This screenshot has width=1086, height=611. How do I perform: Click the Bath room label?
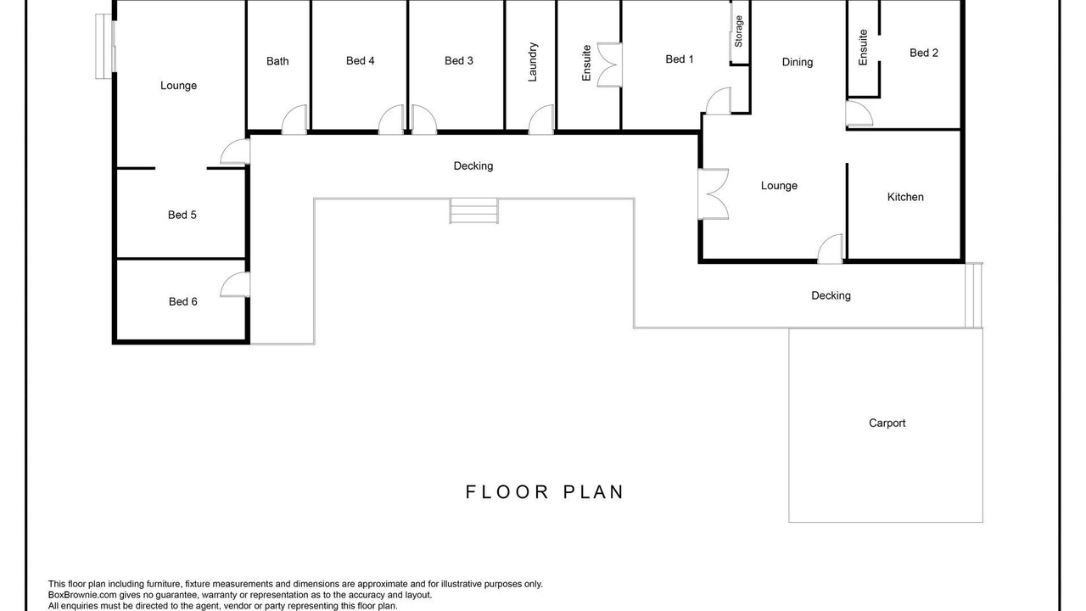point(277,61)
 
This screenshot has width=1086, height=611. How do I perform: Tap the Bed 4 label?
point(361,60)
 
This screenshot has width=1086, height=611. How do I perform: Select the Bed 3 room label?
point(459,60)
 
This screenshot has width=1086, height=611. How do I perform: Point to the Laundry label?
point(532,62)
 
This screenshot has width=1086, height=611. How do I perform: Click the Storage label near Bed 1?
point(738,31)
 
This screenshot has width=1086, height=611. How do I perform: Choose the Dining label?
point(797,62)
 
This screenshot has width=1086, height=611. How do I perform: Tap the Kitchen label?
point(905,197)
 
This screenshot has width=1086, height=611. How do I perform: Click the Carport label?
point(887,423)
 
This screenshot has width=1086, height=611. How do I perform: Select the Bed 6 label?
point(182,301)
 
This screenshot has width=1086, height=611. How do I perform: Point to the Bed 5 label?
point(182,215)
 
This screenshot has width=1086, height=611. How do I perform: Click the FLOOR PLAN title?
point(545,492)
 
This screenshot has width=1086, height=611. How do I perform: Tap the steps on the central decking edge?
point(473,211)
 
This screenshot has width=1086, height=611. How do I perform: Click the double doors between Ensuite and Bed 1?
point(609,65)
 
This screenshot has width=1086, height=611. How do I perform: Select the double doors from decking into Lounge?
point(713,194)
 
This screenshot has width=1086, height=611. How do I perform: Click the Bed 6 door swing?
point(235,284)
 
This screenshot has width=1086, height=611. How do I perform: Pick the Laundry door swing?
point(540,120)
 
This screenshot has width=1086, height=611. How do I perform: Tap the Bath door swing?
point(294,120)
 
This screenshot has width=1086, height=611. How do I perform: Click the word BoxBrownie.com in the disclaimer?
point(82,595)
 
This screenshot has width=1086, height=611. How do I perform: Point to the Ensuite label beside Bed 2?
point(863,48)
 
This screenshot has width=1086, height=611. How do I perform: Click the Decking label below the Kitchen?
point(831,296)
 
